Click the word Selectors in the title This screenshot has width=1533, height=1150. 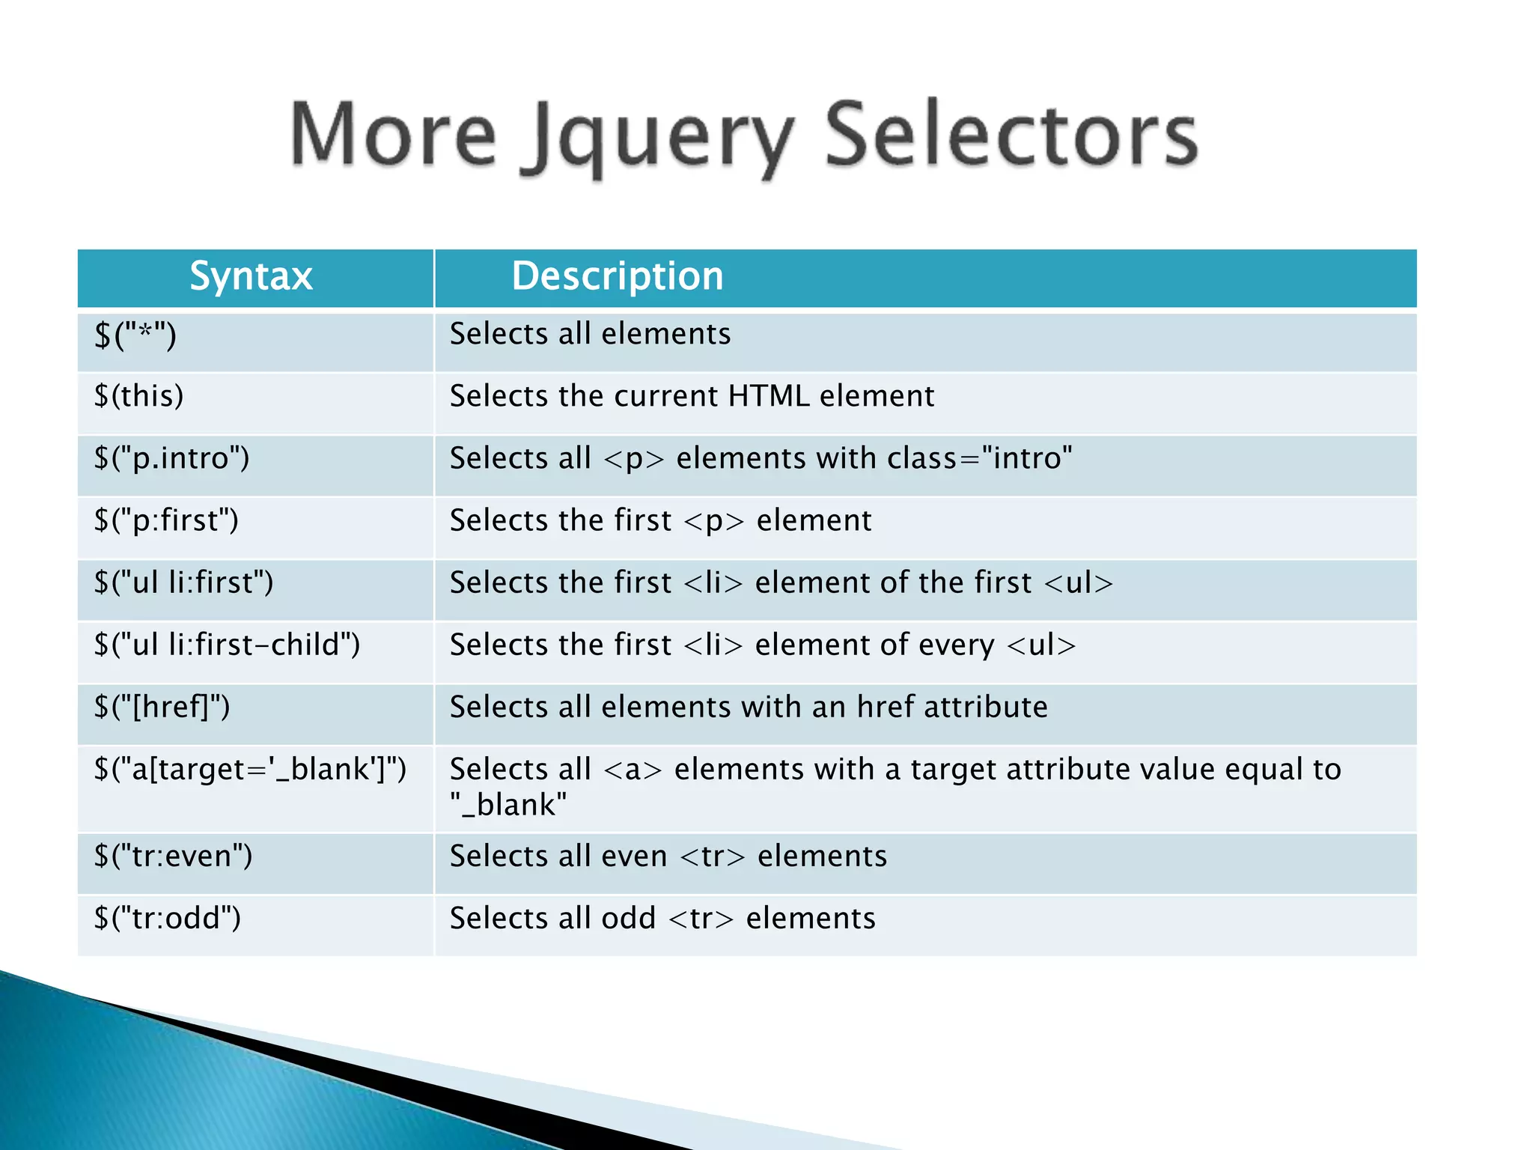[x=1011, y=135]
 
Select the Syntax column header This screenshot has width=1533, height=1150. [x=251, y=276]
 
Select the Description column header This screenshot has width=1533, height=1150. [x=618, y=276]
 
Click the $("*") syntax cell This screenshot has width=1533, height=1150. [x=135, y=334]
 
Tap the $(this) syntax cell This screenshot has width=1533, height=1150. [x=138, y=396]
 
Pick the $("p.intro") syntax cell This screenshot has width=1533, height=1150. [x=171, y=458]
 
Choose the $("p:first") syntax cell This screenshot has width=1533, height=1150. [x=166, y=520]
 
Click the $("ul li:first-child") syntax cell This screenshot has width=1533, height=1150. [x=227, y=645]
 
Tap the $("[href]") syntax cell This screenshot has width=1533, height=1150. [x=162, y=707]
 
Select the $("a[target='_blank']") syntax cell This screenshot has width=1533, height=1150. [x=250, y=770]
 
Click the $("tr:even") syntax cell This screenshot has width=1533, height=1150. [x=173, y=856]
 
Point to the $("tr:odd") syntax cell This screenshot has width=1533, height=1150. [x=167, y=918]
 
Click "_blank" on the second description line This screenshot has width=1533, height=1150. [x=508, y=806]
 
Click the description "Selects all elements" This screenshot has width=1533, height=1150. [x=590, y=334]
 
